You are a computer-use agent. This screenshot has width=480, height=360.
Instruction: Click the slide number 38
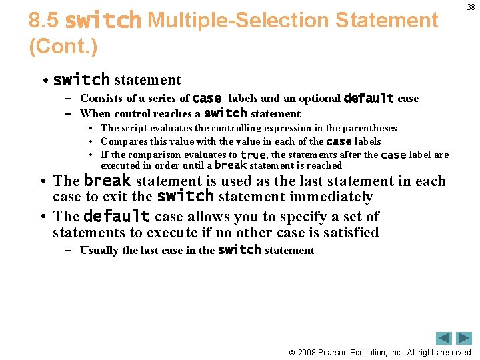(471, 7)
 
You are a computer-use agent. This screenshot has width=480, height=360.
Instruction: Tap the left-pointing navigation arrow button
(444, 338)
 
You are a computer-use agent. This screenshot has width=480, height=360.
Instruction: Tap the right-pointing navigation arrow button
(463, 338)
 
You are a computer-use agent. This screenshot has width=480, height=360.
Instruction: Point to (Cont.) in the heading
(63, 47)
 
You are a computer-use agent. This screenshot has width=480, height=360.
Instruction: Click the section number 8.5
(44, 21)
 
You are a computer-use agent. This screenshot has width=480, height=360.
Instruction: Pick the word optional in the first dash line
(319, 99)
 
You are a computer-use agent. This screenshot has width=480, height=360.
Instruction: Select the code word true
(253, 155)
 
